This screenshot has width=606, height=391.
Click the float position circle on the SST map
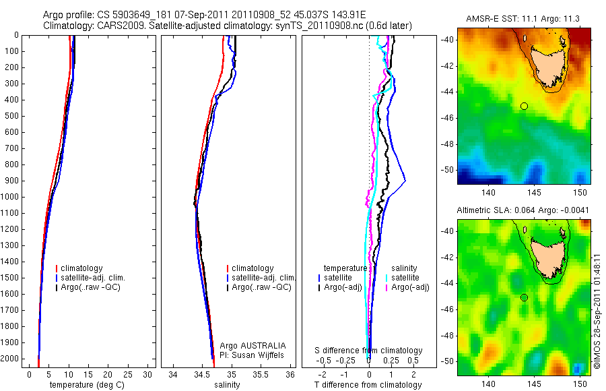click(524, 106)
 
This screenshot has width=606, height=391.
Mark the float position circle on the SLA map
click(524, 297)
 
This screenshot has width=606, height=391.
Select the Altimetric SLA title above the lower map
click(523, 210)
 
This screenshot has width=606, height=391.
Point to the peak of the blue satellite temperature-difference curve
click(405, 180)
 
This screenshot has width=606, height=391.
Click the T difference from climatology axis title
click(368, 385)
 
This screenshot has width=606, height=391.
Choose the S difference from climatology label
click(368, 351)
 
